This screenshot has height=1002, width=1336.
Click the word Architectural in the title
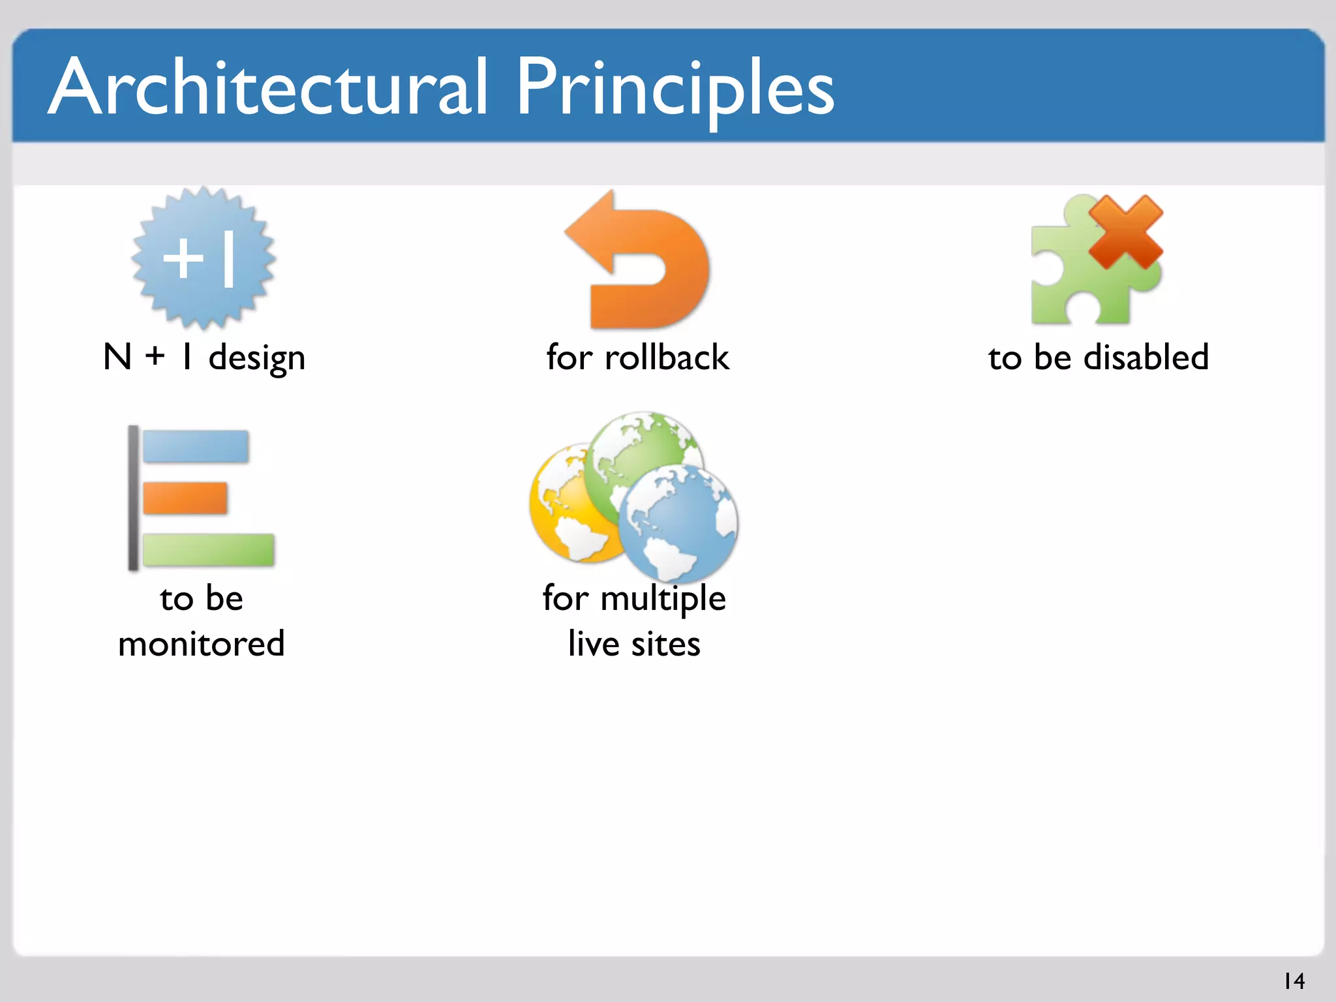click(267, 88)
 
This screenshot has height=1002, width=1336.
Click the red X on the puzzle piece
click(1125, 232)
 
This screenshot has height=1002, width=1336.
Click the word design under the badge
click(256, 358)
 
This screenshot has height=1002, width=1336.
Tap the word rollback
click(667, 357)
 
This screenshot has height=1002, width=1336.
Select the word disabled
click(1146, 357)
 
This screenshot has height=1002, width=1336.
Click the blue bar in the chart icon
click(195, 447)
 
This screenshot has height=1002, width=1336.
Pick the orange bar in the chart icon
click(185, 498)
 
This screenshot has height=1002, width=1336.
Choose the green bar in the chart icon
click(208, 550)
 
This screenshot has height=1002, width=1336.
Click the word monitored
click(201, 644)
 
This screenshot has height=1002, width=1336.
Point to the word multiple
click(663, 599)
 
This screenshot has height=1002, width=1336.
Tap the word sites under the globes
click(665, 644)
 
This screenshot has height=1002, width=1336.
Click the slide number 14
click(1294, 980)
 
